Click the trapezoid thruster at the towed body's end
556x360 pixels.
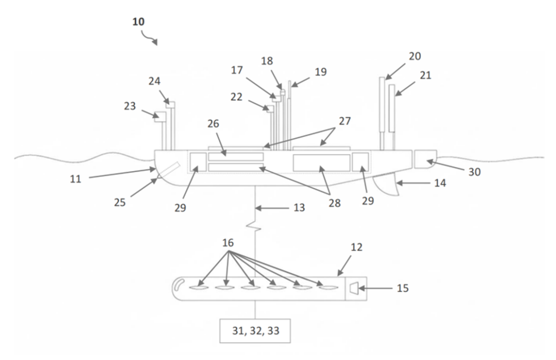point(355,288)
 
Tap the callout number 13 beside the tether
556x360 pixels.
point(299,208)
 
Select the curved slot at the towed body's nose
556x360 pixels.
point(179,284)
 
